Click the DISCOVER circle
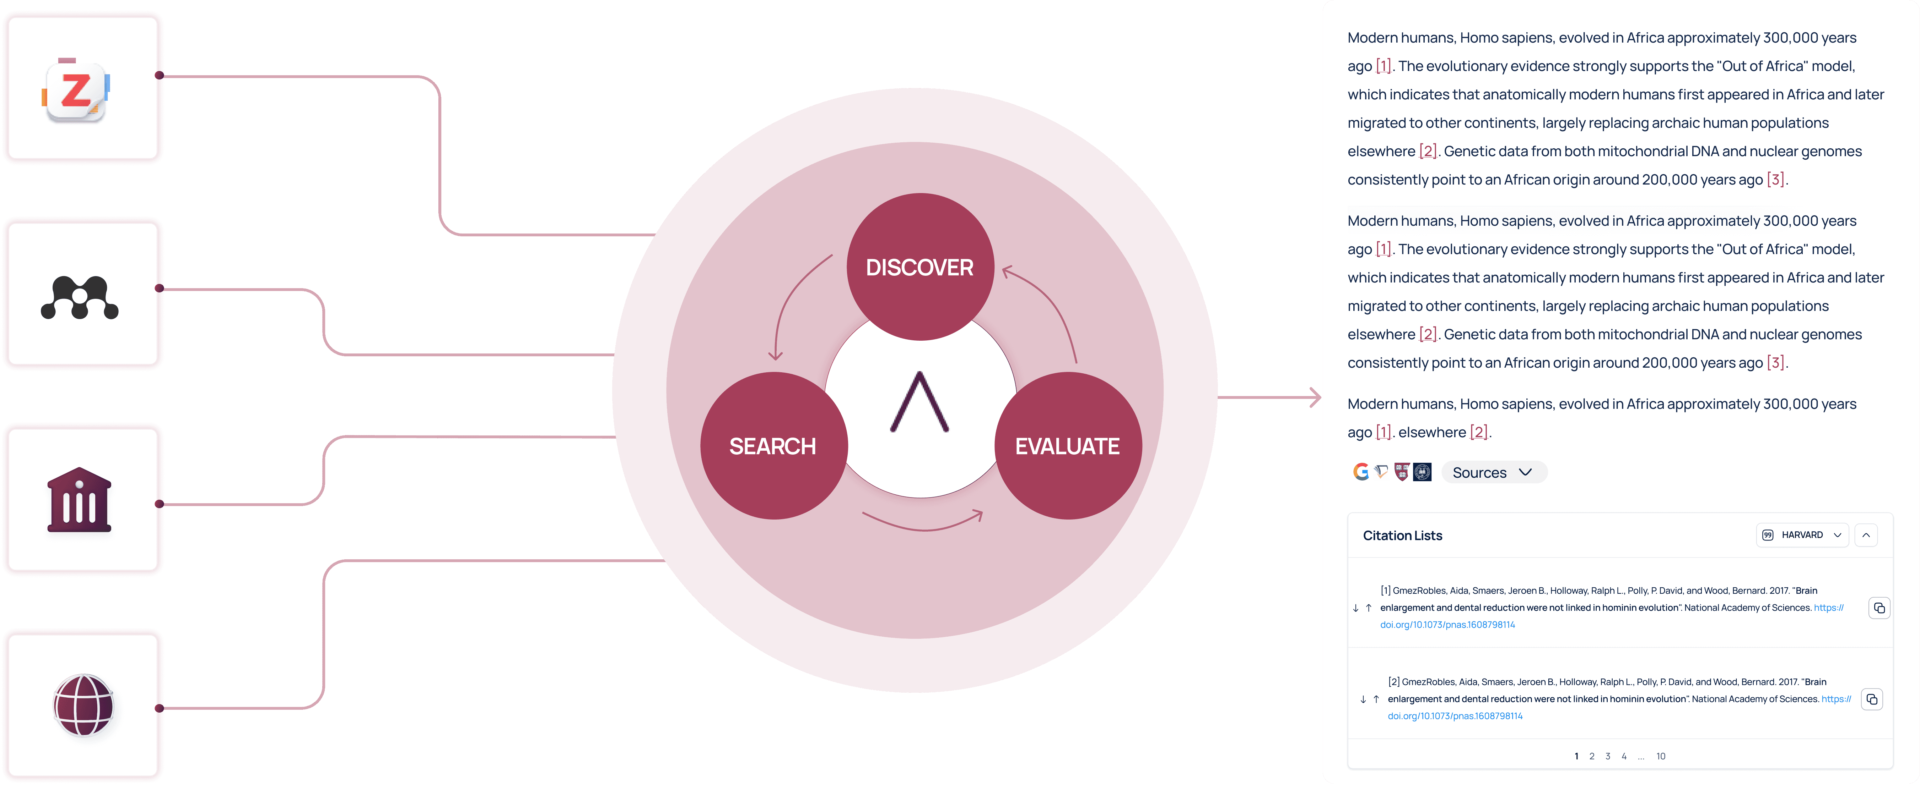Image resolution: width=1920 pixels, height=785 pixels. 920,267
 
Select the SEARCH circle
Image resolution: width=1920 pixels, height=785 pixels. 773,445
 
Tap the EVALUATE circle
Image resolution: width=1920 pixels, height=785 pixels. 1067,445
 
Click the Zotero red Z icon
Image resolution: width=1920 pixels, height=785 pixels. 75,91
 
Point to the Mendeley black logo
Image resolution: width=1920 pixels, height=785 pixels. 80,297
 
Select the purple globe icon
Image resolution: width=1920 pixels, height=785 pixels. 83,704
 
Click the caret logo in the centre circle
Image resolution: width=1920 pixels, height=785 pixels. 920,402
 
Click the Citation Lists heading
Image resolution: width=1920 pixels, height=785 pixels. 1402,536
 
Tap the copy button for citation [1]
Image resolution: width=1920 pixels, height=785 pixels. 1879,608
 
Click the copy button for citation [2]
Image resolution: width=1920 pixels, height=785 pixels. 1872,699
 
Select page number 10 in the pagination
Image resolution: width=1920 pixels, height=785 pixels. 1661,756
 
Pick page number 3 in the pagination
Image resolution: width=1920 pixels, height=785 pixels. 1608,756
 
